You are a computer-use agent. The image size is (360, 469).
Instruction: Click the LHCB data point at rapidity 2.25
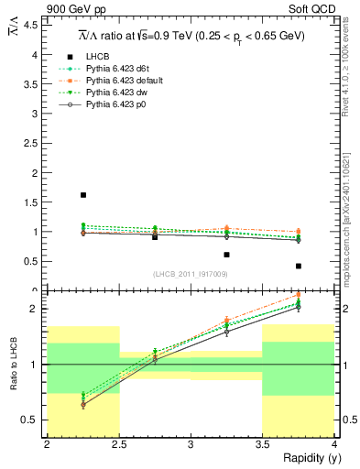point(83,195)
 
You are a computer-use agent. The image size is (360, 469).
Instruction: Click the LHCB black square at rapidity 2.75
point(155,236)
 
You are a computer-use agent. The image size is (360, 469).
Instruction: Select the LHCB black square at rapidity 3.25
point(226,255)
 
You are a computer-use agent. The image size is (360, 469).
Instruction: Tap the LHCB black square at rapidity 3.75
point(299,266)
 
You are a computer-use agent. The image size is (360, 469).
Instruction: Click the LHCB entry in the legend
point(99,57)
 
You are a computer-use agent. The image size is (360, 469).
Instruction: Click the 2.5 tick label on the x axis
point(119,444)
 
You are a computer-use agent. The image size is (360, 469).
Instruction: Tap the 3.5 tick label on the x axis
point(263,444)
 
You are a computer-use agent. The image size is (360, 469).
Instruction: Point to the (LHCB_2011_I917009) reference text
point(191,274)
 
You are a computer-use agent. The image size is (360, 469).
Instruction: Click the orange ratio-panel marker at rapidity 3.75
point(299,295)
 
